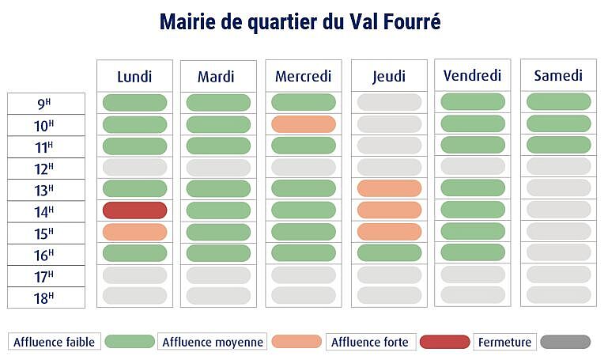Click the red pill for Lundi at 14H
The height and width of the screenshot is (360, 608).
pyautogui.click(x=134, y=210)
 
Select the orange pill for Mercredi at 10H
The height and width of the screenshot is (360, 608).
pyautogui.click(x=304, y=124)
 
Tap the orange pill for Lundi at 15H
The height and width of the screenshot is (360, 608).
pyautogui.click(x=134, y=232)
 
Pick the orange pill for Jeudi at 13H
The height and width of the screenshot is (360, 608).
pyautogui.click(x=389, y=188)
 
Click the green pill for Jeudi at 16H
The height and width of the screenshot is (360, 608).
pyautogui.click(x=389, y=253)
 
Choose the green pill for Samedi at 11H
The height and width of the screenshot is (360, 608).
pyautogui.click(x=558, y=146)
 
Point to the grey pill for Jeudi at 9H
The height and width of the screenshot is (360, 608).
pyautogui.click(x=389, y=103)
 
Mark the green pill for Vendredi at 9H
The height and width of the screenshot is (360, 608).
pyautogui.click(x=473, y=103)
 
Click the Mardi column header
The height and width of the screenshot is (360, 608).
pyautogui.click(x=216, y=77)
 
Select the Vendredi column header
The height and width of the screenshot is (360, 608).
pyautogui.click(x=473, y=76)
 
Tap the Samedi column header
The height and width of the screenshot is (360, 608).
pyautogui.click(x=558, y=76)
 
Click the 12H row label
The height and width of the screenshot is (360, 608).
pyautogui.click(x=46, y=168)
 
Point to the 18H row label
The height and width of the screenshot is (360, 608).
pyautogui.click(x=46, y=297)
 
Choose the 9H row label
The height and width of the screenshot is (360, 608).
pyautogui.click(x=46, y=104)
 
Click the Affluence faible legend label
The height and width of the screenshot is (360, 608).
pyautogui.click(x=54, y=342)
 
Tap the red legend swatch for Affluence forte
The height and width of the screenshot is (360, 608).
pyautogui.click(x=444, y=342)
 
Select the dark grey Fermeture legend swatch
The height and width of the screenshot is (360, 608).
pyautogui.click(x=565, y=342)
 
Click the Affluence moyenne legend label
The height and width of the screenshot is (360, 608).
pyautogui.click(x=212, y=342)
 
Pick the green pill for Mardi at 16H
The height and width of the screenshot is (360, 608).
pyautogui.click(x=218, y=253)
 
